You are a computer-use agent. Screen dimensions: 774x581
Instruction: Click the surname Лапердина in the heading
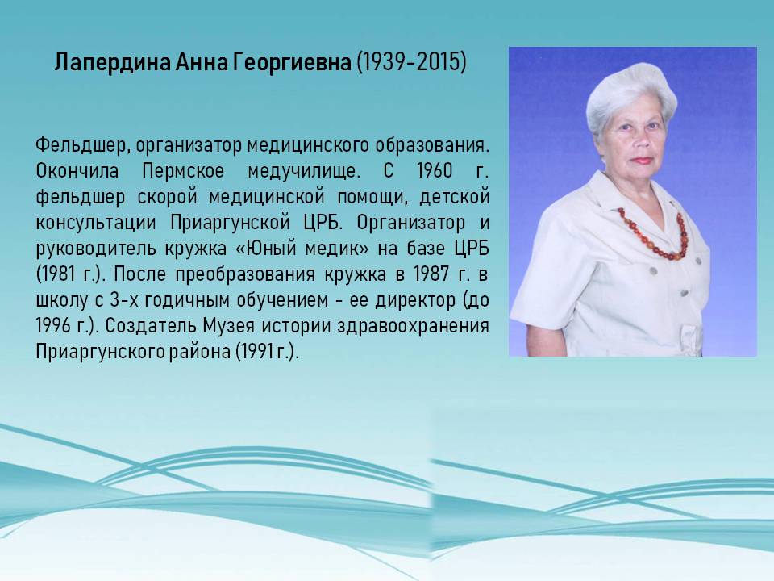coord(113,63)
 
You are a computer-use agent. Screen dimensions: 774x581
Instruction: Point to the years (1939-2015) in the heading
coord(411,62)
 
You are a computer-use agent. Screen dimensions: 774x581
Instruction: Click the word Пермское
coord(183,171)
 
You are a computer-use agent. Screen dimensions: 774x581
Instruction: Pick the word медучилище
coord(304,171)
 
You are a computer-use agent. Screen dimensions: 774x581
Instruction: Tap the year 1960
coord(435,171)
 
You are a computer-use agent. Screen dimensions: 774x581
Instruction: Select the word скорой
coord(167,197)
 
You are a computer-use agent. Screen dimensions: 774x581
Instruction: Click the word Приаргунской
coord(230,223)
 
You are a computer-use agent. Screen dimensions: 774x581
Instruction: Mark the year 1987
coord(432,274)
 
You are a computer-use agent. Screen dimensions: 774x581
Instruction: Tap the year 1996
coord(54,325)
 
